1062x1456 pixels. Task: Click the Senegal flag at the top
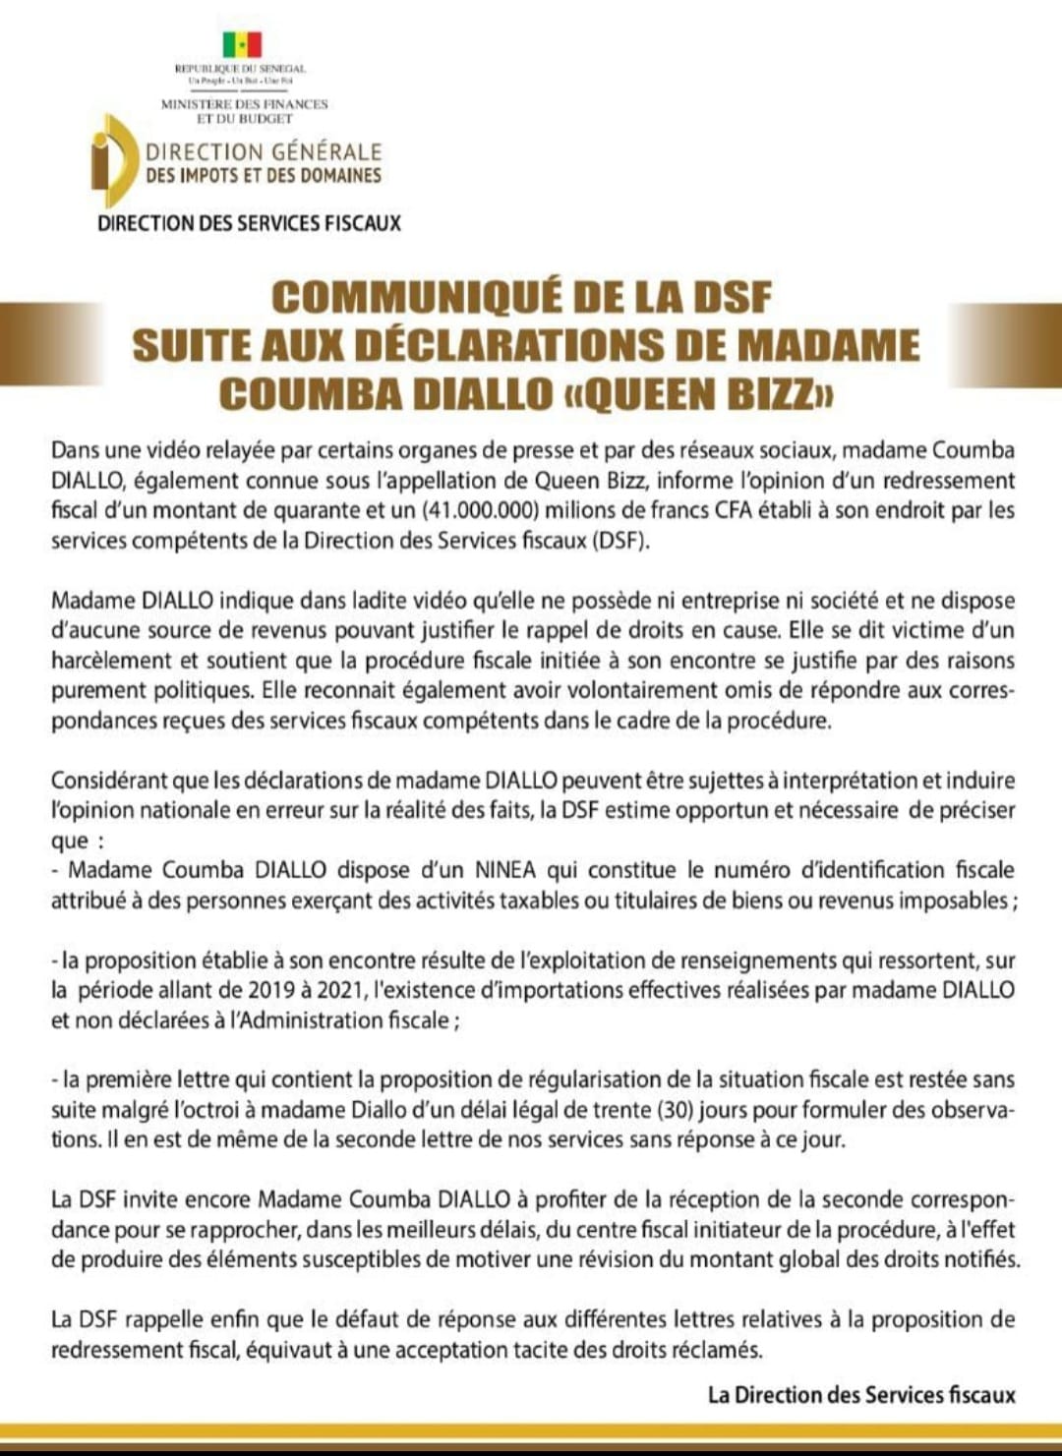point(241,45)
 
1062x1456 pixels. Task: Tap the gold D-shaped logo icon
point(114,161)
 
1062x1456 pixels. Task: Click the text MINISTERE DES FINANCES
point(245,103)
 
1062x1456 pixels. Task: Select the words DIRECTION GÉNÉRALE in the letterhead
point(264,152)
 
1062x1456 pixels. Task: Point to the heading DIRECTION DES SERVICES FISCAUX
point(249,223)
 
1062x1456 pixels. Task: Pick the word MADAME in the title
point(828,345)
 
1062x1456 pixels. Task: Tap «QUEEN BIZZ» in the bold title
point(696,394)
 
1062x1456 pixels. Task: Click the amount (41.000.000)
point(482,510)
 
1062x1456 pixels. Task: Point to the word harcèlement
point(113,661)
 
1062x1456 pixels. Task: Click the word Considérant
point(109,781)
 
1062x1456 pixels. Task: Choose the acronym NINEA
point(505,870)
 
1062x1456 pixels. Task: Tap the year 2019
point(271,990)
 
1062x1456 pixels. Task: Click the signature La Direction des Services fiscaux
point(861,1395)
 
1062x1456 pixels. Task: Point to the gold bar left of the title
point(49,344)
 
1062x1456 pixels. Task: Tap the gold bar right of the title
point(1005,344)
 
